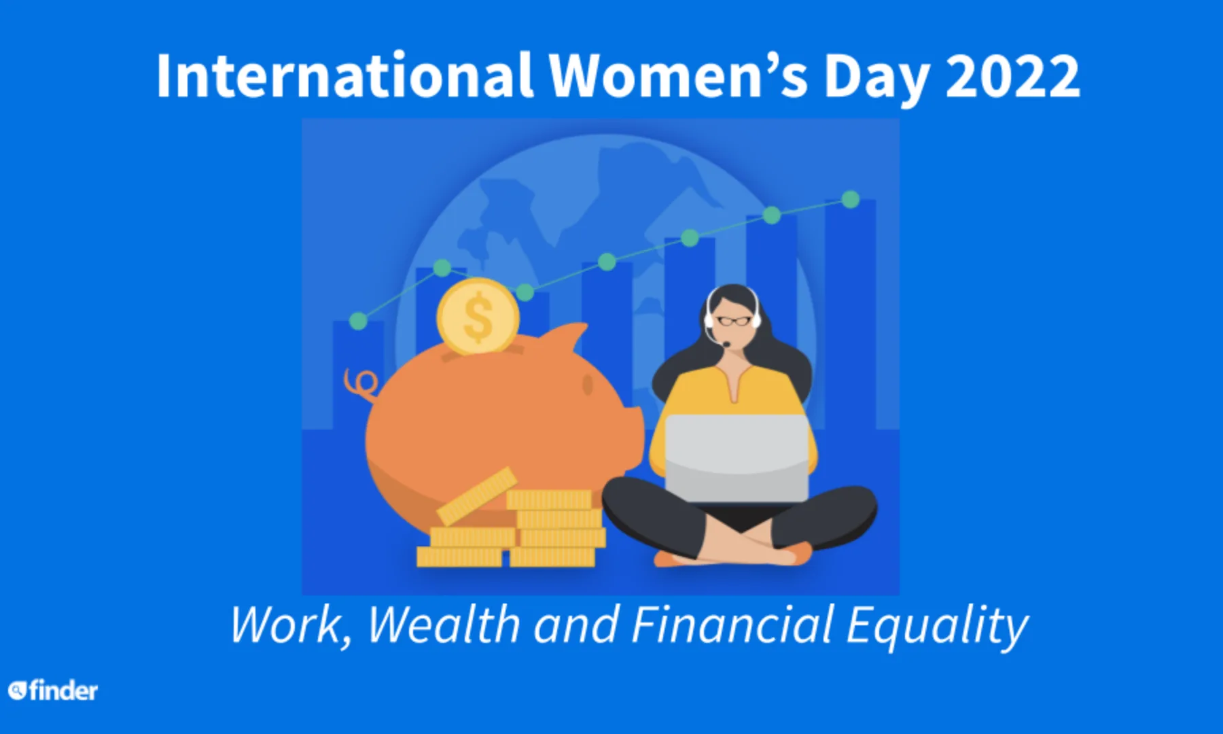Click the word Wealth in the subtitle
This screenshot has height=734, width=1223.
coord(444,625)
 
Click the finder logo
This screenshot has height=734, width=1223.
coord(53,691)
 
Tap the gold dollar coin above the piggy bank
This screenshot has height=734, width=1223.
coord(478,317)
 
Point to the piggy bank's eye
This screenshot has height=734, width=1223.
coord(587,385)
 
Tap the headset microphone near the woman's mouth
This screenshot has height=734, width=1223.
coord(726,344)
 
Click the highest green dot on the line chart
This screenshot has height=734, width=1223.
coord(850,199)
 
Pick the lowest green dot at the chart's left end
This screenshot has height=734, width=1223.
coord(358,321)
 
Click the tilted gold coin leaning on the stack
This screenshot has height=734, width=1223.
coord(477,495)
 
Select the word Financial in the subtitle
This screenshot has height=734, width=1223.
coord(732,625)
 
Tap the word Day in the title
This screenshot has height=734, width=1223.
coord(876,79)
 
